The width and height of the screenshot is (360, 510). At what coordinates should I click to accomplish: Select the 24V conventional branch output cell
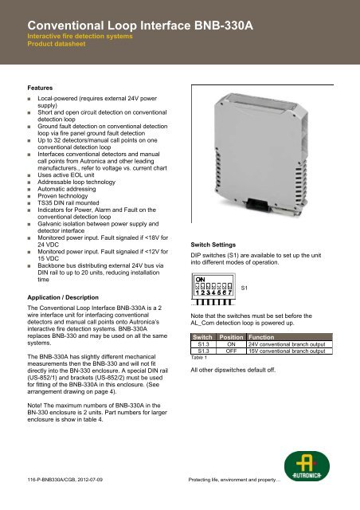click(x=290, y=344)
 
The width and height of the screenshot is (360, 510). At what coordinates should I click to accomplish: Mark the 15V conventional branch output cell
click(x=290, y=351)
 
